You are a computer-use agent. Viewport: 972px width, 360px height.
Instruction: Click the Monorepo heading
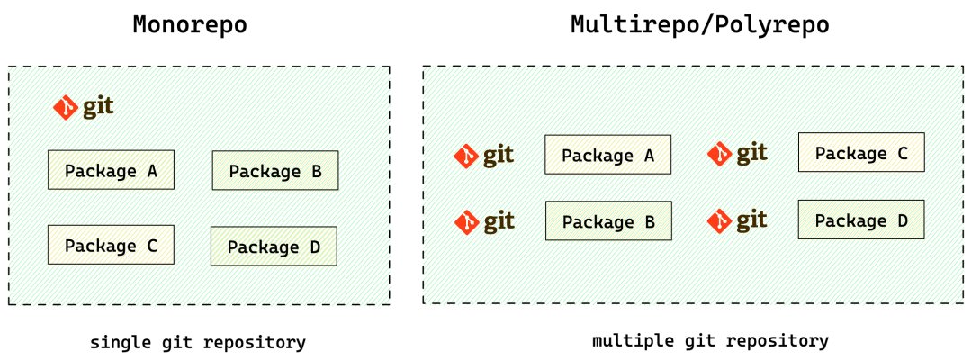tap(190, 25)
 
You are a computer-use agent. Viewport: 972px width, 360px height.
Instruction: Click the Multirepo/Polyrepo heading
tap(700, 25)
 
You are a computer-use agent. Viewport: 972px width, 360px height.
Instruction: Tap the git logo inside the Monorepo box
tap(84, 108)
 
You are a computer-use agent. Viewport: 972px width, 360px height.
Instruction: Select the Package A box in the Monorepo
tap(111, 170)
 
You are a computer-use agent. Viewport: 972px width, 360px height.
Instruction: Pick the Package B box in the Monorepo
tap(275, 170)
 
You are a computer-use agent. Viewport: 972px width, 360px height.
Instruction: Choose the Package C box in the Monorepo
tap(111, 245)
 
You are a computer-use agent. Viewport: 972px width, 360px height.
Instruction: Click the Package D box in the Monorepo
tap(274, 247)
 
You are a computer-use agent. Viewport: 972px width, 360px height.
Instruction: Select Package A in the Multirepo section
tap(608, 154)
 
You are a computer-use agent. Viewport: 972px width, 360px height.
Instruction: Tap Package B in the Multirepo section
tap(608, 220)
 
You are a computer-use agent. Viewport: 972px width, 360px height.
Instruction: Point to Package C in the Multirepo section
tap(861, 152)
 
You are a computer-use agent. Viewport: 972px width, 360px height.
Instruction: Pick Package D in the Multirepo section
tap(861, 220)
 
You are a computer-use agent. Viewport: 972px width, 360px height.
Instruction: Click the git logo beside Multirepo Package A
tap(484, 156)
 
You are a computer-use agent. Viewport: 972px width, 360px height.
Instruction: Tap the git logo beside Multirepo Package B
tap(484, 221)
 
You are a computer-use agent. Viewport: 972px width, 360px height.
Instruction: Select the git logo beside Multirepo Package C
tap(738, 153)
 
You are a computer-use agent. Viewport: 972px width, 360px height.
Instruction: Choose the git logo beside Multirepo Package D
tap(738, 220)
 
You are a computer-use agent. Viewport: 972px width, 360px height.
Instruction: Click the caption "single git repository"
tap(198, 343)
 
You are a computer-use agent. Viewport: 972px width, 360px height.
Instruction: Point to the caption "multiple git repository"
tap(710, 341)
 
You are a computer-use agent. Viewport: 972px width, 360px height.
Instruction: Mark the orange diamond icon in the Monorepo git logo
tap(66, 108)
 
